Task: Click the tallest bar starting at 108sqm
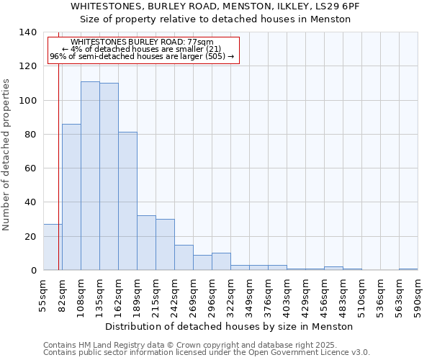[90, 176]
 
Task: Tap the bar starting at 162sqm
[127, 201]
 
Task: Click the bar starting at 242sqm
[184, 257]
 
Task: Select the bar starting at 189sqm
[146, 243]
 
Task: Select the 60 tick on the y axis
[30, 168]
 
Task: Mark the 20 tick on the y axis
[30, 236]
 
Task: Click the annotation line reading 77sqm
[143, 42]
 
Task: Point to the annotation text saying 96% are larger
[142, 56]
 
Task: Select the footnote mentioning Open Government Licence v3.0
[207, 353]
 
